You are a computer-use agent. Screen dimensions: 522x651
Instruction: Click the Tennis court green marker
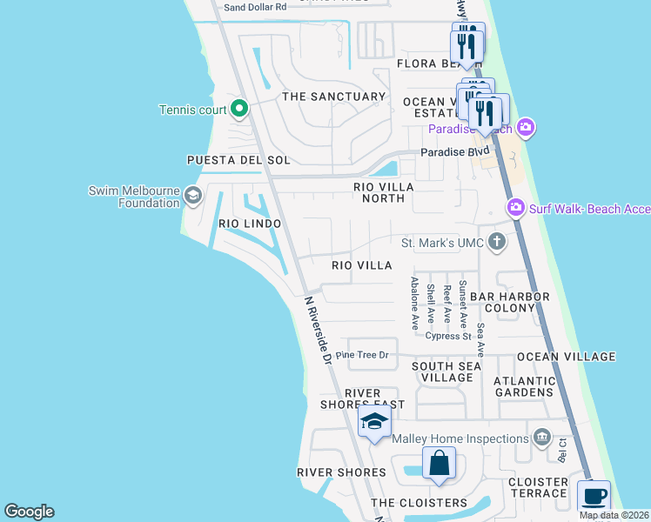click(240, 110)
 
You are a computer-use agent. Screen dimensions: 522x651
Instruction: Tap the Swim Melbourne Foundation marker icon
click(192, 197)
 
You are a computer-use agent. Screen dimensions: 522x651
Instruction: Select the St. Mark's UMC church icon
click(496, 241)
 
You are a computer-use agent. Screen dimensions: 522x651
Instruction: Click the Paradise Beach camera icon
click(525, 129)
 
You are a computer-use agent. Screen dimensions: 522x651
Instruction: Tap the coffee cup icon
click(594, 498)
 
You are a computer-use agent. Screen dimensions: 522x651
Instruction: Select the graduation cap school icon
click(374, 424)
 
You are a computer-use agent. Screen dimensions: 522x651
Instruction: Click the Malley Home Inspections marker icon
click(543, 437)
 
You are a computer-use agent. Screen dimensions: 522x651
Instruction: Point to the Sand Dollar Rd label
click(255, 7)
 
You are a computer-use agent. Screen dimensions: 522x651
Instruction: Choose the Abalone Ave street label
click(415, 302)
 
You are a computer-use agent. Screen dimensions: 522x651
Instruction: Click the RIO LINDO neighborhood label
click(250, 224)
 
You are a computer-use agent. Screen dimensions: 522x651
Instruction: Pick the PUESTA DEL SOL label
click(238, 160)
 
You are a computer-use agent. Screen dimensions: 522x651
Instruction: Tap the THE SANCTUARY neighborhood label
click(333, 97)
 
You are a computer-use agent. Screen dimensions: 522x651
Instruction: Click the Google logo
click(29, 512)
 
